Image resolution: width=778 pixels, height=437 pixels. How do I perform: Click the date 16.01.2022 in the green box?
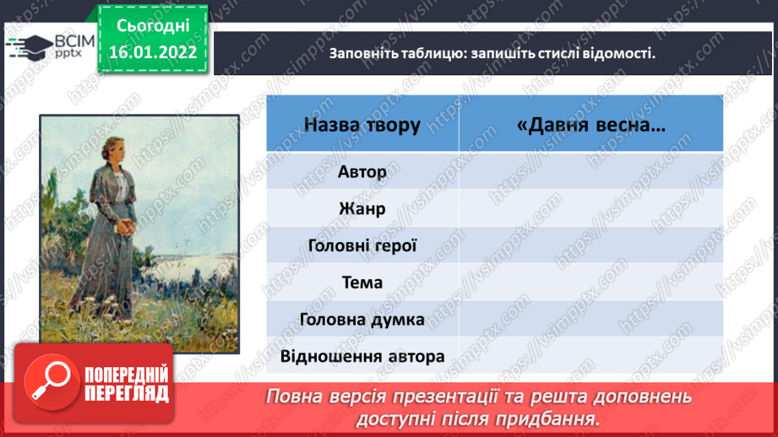[x=153, y=52]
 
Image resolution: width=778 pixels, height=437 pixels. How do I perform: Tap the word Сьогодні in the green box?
[x=153, y=26]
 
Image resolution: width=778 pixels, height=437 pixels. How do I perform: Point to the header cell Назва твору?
[x=362, y=124]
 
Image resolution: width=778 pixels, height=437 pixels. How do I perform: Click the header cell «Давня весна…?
[x=591, y=124]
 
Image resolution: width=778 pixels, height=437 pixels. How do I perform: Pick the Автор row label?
[x=362, y=172]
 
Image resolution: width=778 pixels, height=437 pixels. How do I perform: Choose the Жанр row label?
[x=362, y=208]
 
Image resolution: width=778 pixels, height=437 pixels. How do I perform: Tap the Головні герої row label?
[x=362, y=245]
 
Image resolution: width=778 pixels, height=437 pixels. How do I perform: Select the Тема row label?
[x=362, y=283]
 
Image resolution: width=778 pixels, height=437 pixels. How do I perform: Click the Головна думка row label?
[x=362, y=320]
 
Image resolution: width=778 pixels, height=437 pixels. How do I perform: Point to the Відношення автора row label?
[x=362, y=356]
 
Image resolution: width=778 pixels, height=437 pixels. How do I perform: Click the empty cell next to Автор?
[x=591, y=171]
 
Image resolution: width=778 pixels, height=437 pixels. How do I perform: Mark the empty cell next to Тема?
[x=591, y=282]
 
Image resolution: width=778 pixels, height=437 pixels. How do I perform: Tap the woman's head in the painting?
[x=115, y=148]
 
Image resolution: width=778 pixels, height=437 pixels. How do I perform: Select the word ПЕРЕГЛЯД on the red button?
[x=127, y=394]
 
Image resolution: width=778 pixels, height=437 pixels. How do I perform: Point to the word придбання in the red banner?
[x=547, y=419]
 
